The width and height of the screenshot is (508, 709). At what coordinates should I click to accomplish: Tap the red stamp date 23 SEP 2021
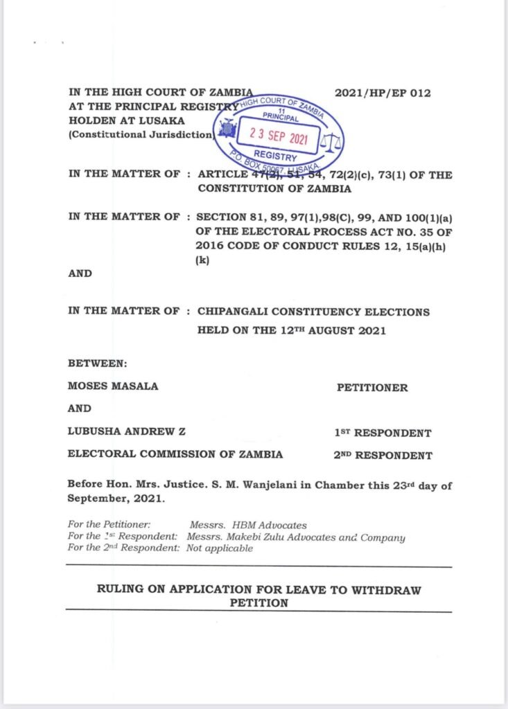[x=278, y=136]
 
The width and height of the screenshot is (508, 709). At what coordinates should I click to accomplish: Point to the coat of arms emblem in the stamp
[x=226, y=129]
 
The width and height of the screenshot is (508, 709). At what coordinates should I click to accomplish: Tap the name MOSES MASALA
[x=113, y=386]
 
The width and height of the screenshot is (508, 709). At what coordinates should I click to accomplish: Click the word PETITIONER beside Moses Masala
[x=372, y=388]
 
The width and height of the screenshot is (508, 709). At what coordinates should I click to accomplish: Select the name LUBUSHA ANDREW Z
[x=126, y=432]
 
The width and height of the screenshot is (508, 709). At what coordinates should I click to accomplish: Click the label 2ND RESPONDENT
[x=383, y=455]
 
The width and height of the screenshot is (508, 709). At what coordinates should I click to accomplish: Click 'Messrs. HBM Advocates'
[x=247, y=526]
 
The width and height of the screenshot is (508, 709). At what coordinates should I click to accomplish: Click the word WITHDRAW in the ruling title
[x=387, y=591]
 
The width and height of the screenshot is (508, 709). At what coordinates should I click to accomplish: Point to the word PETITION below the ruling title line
[x=259, y=603]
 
